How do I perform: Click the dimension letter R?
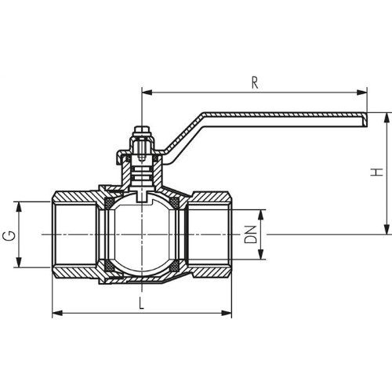255,83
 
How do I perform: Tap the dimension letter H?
376,172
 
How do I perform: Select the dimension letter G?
9,236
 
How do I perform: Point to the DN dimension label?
250,234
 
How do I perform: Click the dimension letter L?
142,303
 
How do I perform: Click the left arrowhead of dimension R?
147,93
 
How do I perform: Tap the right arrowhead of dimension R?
362,93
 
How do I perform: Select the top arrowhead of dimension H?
387,118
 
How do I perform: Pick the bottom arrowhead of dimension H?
387,229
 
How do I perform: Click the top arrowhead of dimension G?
18,207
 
